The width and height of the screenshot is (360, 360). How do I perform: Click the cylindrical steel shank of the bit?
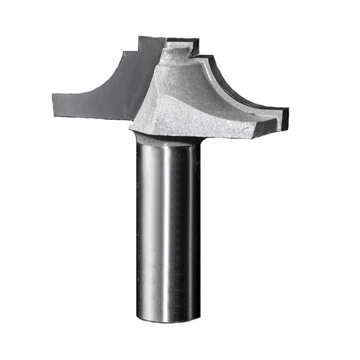167,230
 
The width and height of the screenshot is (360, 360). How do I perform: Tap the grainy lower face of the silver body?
202,122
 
